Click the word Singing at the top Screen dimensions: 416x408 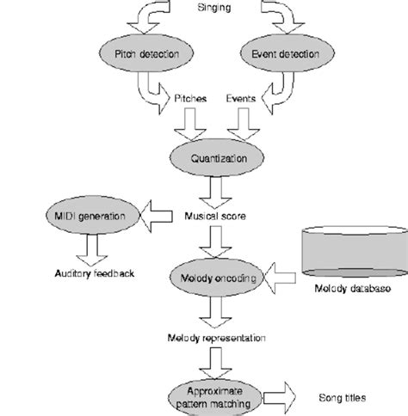213,8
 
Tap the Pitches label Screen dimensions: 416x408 190,99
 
